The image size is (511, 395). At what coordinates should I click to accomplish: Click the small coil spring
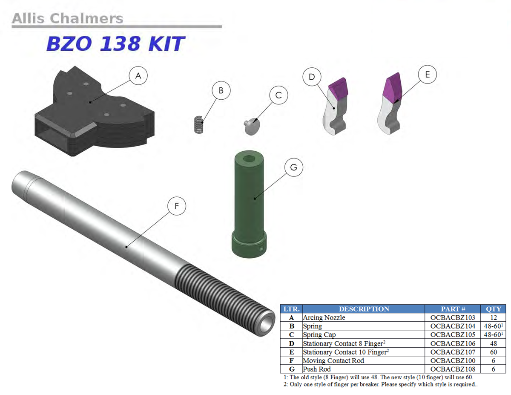point(199,125)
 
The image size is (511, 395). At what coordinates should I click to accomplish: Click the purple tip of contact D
point(339,89)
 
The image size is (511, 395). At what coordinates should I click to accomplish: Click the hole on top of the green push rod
point(249,159)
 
